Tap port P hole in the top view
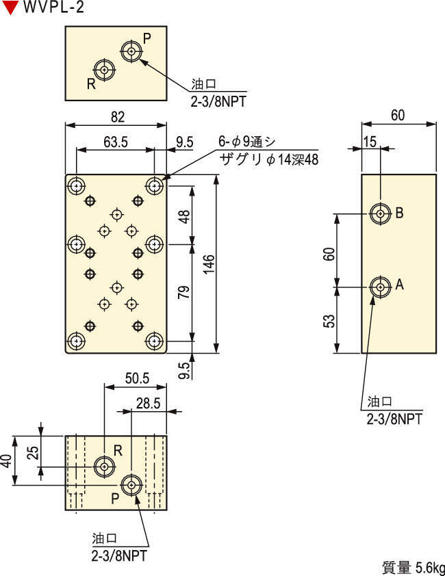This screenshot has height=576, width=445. tap(131, 50)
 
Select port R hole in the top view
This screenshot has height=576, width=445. tap(104, 70)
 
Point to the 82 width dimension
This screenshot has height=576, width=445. tap(117, 117)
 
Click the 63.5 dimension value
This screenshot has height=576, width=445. tap(116, 143)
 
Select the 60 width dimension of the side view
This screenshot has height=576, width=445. tap(398, 116)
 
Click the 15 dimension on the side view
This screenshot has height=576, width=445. tap(370, 142)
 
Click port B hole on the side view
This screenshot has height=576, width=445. tap(380, 213)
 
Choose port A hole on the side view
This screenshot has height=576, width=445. tap(380, 287)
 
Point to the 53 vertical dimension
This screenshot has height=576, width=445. tap(329, 321)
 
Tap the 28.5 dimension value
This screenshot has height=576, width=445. tap(148, 404)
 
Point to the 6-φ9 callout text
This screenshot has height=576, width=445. tap(246, 142)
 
